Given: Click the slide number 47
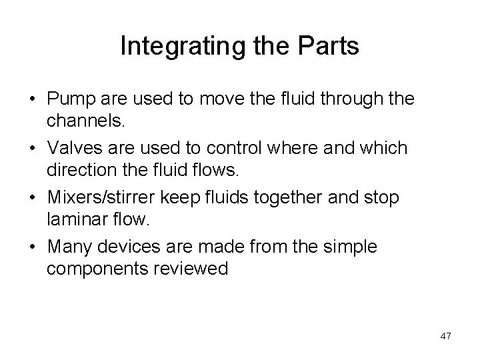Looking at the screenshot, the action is click(x=446, y=336).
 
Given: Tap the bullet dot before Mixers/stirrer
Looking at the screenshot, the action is click(x=31, y=197).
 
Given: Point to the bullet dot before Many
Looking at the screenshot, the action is click(x=31, y=247).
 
